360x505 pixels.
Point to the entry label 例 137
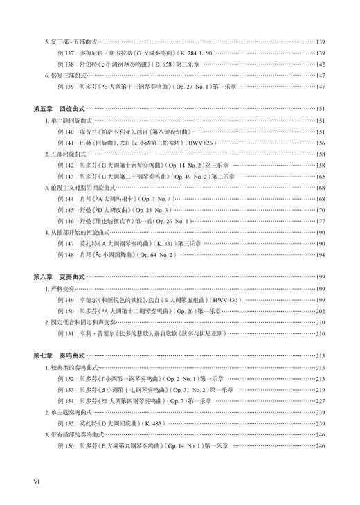(66, 53)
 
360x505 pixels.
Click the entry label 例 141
(66, 143)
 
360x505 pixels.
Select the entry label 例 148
(66, 255)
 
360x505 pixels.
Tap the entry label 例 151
(66, 333)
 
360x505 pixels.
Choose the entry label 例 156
(66, 445)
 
